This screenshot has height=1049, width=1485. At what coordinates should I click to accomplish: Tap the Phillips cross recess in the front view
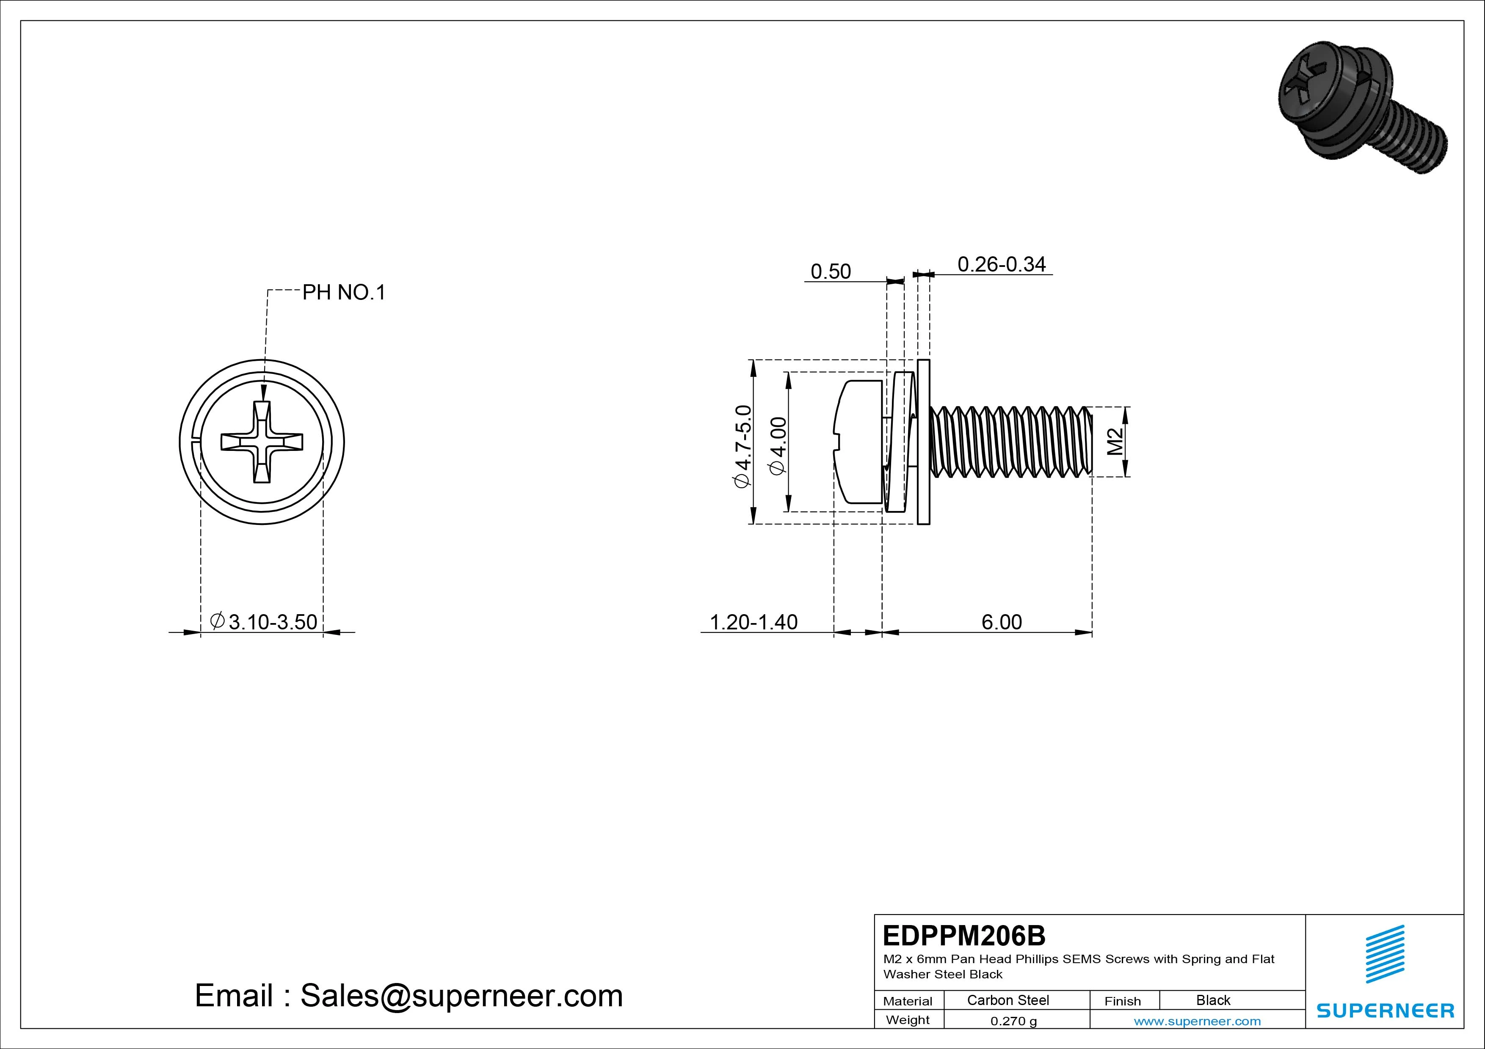click(262, 442)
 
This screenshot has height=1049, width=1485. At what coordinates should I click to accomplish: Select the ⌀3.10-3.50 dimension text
click(264, 622)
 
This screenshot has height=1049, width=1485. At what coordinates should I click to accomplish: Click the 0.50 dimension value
click(831, 272)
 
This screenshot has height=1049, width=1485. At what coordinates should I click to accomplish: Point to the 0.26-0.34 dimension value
click(1001, 264)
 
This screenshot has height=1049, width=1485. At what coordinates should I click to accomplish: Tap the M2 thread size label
click(1115, 442)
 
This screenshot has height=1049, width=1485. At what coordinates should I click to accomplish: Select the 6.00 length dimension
click(1001, 622)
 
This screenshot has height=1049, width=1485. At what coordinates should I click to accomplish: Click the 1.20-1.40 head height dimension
click(754, 622)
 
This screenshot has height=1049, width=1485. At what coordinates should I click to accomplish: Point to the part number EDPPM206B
click(964, 935)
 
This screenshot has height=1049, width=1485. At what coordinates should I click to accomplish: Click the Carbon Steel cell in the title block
click(1007, 1000)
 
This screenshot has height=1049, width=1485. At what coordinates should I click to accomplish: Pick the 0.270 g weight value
click(1013, 1021)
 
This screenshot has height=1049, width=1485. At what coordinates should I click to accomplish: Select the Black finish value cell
click(1213, 1000)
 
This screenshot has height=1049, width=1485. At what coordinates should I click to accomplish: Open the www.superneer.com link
click(1197, 1021)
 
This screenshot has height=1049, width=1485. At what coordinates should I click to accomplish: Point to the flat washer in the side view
click(924, 442)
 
